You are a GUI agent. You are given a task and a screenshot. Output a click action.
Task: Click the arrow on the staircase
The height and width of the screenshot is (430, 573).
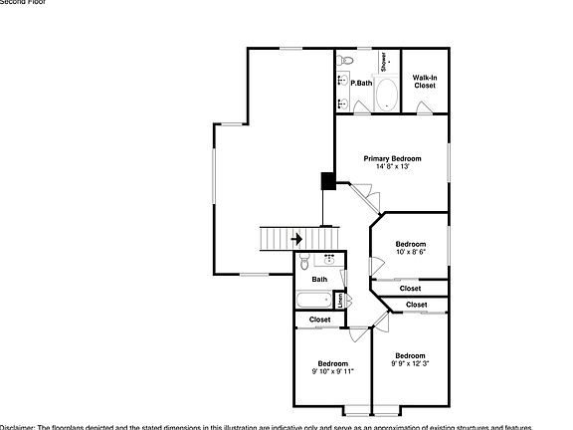(296, 239)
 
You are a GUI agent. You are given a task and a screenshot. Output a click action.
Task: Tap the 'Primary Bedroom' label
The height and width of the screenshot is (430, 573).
(392, 158)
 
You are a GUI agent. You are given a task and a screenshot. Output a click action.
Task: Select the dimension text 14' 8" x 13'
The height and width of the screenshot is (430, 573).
(392, 167)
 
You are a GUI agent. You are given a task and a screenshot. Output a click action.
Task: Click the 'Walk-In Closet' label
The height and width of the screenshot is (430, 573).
(425, 82)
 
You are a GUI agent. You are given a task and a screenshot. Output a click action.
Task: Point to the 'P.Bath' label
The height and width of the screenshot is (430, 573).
(361, 83)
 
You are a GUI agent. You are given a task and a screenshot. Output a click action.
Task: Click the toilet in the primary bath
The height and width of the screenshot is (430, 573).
(344, 62)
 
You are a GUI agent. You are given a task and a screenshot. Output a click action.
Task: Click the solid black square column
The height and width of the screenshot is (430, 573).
(327, 181)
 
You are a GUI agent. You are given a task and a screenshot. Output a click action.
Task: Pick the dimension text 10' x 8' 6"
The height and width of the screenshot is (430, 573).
(410, 253)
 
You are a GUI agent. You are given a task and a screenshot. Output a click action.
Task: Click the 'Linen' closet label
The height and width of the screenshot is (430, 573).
(340, 299)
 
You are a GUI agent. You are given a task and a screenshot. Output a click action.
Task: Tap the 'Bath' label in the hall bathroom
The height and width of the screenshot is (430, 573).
(319, 280)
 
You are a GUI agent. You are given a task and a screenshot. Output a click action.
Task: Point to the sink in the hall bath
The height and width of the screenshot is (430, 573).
(329, 258)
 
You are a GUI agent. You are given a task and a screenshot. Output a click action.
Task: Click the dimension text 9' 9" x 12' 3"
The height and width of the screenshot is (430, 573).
(409, 364)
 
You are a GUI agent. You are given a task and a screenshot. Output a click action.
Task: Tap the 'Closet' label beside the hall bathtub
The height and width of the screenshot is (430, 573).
(319, 320)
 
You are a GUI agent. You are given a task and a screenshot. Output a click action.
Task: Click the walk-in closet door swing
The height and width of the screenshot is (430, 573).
(425, 109)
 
